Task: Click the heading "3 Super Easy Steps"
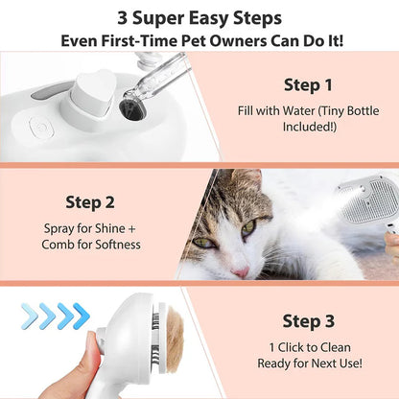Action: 199,16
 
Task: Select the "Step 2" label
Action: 91,203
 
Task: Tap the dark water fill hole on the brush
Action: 131,114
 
